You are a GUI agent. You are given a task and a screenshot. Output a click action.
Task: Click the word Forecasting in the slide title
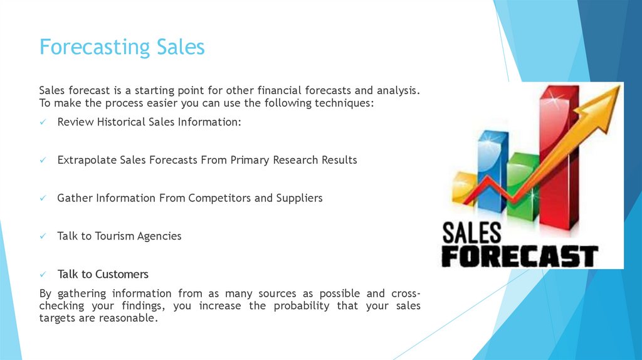pyautogui.click(x=95, y=48)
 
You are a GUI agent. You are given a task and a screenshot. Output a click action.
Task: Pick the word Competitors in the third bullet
pyautogui.click(x=221, y=198)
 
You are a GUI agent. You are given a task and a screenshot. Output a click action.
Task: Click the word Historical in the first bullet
pyautogui.click(x=120, y=122)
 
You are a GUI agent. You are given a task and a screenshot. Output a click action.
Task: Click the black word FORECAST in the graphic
pyautogui.click(x=520, y=255)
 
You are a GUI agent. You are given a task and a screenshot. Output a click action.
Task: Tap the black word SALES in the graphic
pyautogui.click(x=472, y=233)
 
